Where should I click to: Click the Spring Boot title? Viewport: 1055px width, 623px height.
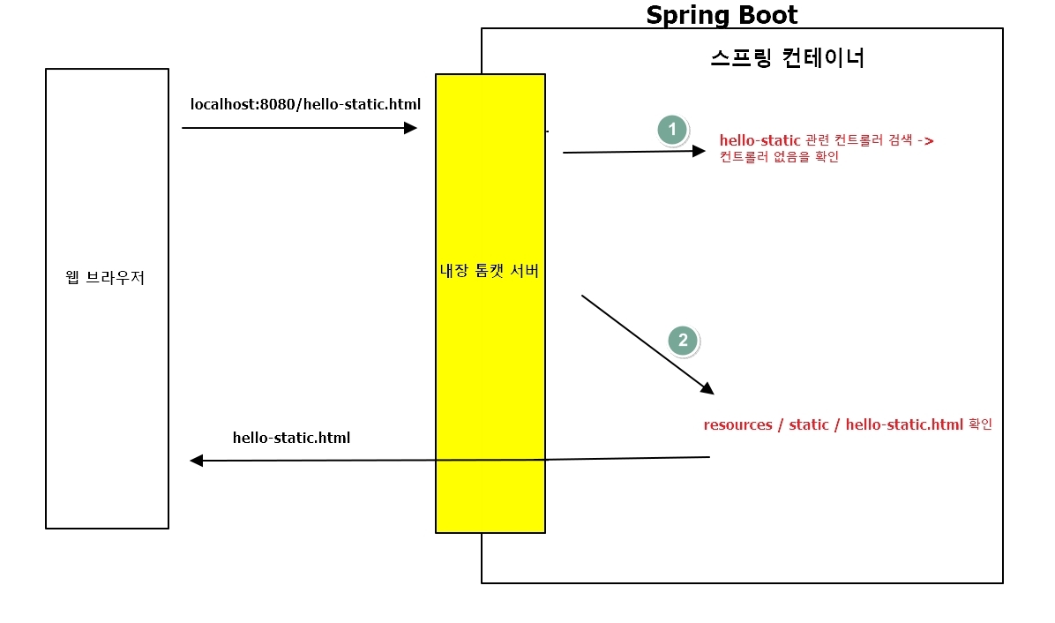coord(722,15)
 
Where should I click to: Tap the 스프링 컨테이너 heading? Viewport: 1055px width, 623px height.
coord(787,58)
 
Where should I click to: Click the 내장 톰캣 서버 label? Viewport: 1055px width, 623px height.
coord(490,271)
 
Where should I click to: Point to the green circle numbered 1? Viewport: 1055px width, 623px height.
coord(672,130)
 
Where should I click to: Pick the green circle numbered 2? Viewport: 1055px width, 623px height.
coord(683,341)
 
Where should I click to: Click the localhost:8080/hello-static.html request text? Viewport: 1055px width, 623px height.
coord(306,104)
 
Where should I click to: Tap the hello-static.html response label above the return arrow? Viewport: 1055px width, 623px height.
coord(291,438)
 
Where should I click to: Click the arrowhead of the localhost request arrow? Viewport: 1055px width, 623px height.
coord(410,128)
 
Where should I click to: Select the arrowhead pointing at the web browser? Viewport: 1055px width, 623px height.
coord(197,461)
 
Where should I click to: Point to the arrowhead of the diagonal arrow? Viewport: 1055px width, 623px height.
coord(707,388)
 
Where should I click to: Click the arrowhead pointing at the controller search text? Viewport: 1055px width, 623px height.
coord(700,151)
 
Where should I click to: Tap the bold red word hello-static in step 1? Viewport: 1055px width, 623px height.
coord(759,140)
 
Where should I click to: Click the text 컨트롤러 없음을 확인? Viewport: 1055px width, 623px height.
coord(779,157)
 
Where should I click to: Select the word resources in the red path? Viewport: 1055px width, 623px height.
coord(737,424)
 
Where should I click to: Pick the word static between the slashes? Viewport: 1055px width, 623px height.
coord(809,424)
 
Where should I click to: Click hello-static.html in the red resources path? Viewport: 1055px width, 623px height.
coord(904,424)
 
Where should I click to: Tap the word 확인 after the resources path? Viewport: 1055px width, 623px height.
coord(981,424)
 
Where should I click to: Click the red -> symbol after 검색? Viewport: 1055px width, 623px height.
coord(926,140)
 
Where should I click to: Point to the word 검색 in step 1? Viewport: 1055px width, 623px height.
coord(899,140)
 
